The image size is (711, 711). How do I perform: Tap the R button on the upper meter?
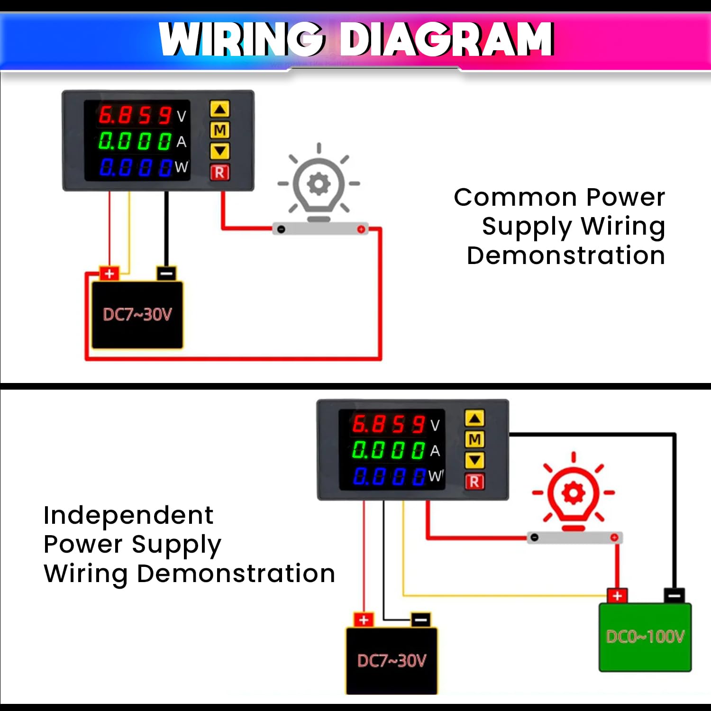coord(220,173)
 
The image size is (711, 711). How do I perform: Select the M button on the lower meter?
coord(474,439)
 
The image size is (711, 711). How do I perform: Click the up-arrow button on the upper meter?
coord(220,109)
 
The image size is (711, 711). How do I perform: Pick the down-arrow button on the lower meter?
coord(474,460)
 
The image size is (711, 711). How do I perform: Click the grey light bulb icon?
coord(319,185)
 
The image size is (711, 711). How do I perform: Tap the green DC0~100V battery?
coord(645,637)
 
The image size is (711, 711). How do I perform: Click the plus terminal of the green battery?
coord(617,596)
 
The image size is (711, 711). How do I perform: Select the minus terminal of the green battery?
coord(674,595)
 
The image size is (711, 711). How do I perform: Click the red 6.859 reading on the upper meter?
coord(136,115)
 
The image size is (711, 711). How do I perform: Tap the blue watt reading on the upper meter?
coord(136,167)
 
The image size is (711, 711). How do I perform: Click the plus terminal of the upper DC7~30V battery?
coord(109,273)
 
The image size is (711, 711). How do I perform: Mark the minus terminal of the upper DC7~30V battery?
coord(166,273)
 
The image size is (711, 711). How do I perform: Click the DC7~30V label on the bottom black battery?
coord(392,660)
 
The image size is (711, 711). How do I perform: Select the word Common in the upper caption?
coord(516,197)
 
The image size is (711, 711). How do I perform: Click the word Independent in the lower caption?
coord(128,515)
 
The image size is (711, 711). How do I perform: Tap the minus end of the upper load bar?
coord(281,229)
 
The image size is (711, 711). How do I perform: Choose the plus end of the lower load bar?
coord(614,538)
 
